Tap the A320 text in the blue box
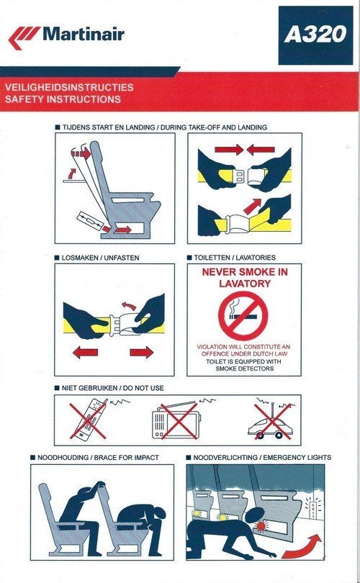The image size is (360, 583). click(x=315, y=35)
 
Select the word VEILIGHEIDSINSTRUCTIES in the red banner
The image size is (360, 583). click(x=69, y=87)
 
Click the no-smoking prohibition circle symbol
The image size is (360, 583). click(x=243, y=316)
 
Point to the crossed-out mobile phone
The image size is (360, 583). click(x=89, y=420)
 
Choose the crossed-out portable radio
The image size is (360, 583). click(x=174, y=420)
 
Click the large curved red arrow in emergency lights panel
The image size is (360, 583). click(x=304, y=546)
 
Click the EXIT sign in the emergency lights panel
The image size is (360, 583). click(x=312, y=507)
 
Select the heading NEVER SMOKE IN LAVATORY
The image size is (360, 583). click(x=244, y=278)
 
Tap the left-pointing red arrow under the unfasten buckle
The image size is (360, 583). click(x=85, y=352)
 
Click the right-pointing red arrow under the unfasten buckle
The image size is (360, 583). click(x=141, y=352)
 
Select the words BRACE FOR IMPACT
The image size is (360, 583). click(x=127, y=457)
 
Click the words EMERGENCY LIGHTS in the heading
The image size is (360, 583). click(x=297, y=457)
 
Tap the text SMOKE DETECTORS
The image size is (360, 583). click(x=244, y=369)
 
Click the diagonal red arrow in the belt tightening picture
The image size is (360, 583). click(x=252, y=207)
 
